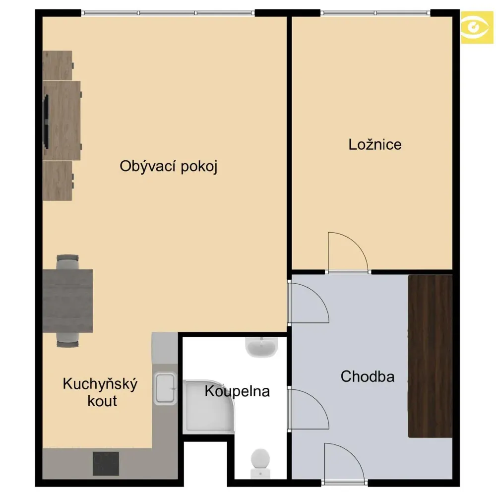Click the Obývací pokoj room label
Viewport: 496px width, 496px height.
[x=169, y=166]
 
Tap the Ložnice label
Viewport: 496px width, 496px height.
[x=375, y=144]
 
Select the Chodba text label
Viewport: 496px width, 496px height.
[x=368, y=376]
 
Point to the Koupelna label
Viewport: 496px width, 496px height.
[x=237, y=391]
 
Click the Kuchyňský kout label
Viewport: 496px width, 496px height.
[x=100, y=392]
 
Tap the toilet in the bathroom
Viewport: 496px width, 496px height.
[x=260, y=463]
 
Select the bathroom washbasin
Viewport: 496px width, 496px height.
[x=261, y=347]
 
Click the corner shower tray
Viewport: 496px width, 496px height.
[x=209, y=407]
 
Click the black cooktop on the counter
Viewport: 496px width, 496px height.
[x=106, y=463]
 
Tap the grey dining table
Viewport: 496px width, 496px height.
[x=67, y=301]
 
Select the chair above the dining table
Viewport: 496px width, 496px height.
[x=67, y=262]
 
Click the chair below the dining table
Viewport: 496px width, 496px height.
[x=67, y=340]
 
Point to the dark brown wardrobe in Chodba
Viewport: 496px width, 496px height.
[x=430, y=356]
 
